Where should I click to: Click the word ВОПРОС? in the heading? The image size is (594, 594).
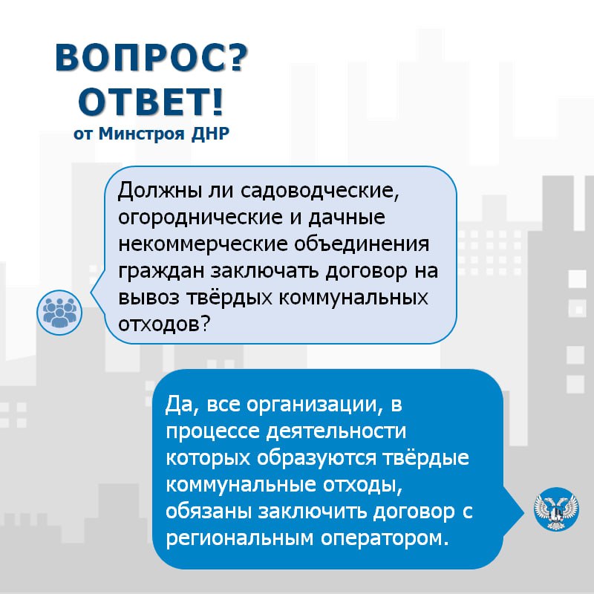pyautogui.click(x=151, y=58)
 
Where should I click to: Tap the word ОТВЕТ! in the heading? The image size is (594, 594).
pyautogui.click(x=151, y=102)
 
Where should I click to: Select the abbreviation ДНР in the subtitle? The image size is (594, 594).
pyautogui.click(x=211, y=134)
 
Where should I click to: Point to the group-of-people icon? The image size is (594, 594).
pyautogui.click(x=59, y=313)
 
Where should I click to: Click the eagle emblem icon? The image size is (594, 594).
pyautogui.click(x=556, y=509)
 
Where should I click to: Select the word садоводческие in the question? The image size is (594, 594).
pyautogui.click(x=320, y=191)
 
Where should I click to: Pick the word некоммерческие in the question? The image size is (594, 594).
pyautogui.click(x=203, y=244)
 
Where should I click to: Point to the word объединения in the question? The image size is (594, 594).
pyautogui.click(x=362, y=244)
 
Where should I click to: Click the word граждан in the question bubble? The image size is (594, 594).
pyautogui.click(x=161, y=272)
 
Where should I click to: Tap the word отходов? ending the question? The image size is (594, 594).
pyautogui.click(x=163, y=324)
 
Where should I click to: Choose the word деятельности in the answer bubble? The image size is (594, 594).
pyautogui.click(x=336, y=431)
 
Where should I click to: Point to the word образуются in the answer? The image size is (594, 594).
pyautogui.click(x=317, y=458)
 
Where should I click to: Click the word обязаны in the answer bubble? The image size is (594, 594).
pyautogui.click(x=209, y=512)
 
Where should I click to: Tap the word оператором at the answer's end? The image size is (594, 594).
pyautogui.click(x=385, y=538)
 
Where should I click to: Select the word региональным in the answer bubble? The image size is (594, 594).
pyautogui.click(x=240, y=538)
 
